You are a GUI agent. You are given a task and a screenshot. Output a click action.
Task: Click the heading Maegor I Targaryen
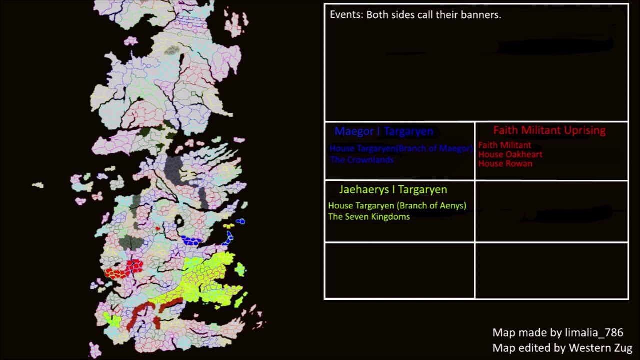[x=383, y=131]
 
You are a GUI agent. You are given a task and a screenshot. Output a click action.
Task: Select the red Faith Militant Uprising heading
[x=549, y=130]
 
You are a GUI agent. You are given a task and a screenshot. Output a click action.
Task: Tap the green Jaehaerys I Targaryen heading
[x=393, y=189]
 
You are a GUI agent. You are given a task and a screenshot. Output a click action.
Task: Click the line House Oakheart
[x=510, y=154]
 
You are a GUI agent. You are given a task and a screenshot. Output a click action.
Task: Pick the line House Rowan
[x=505, y=164]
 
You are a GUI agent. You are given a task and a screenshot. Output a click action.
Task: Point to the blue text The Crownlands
[x=362, y=160]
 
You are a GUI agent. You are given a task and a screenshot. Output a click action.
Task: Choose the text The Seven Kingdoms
[x=369, y=217]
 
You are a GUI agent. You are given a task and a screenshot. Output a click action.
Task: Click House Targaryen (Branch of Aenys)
[x=397, y=206]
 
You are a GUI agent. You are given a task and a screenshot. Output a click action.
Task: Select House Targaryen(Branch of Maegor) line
[x=400, y=148]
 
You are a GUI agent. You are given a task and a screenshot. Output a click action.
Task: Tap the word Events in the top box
[x=345, y=15]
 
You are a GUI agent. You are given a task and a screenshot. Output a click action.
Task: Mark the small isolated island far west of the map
[x=38, y=185]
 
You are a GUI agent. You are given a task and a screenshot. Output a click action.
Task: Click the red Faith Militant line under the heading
[x=504, y=145]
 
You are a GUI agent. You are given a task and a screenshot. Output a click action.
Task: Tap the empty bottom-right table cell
[x=551, y=270]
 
